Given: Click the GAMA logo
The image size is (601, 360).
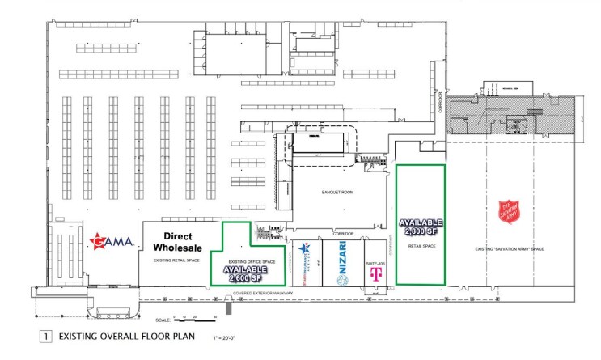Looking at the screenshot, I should point(111,240).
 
